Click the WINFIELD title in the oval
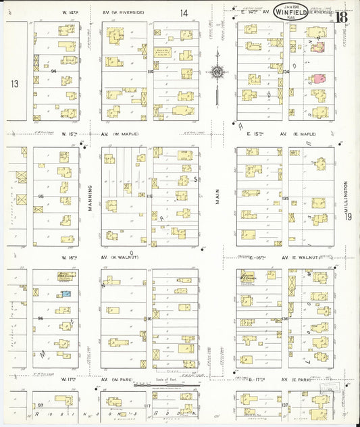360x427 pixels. [291, 11]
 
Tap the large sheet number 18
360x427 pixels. [342, 18]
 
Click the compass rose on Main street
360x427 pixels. [217, 72]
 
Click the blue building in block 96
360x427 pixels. [66, 294]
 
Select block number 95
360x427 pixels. [41, 197]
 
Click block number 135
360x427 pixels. [285, 198]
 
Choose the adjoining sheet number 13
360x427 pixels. [15, 84]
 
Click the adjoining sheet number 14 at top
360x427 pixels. [184, 13]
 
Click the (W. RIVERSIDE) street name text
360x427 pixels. [129, 12]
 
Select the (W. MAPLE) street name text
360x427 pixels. [125, 134]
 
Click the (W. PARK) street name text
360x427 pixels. [124, 380]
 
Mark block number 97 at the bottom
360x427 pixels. [41, 405]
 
